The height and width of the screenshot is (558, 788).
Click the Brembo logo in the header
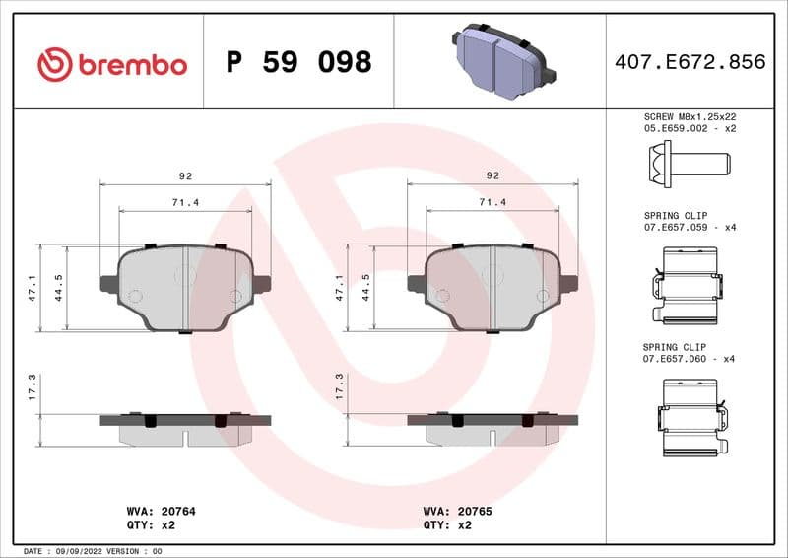tap(111, 64)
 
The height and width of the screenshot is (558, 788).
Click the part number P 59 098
tap(298, 63)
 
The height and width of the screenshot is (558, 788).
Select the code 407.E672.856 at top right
tap(689, 62)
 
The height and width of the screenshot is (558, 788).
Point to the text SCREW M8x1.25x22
tap(689, 116)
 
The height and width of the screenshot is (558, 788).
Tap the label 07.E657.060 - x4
tap(689, 360)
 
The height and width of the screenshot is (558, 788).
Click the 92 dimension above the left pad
tap(185, 175)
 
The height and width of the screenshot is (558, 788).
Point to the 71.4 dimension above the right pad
tap(492, 201)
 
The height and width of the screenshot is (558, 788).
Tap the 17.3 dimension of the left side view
tap(32, 386)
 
